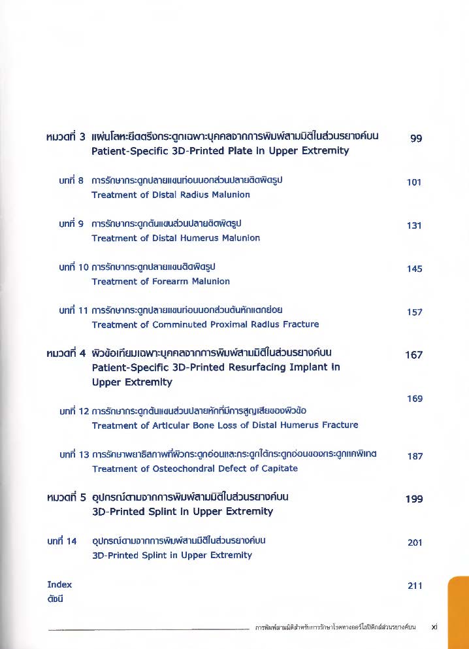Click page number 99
(x=415, y=139)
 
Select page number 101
(x=414, y=182)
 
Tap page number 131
(x=414, y=225)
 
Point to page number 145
(x=414, y=269)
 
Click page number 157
(x=414, y=312)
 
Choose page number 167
(x=414, y=355)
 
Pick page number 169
(x=414, y=399)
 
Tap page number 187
(x=414, y=456)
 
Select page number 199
(x=414, y=499)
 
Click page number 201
(x=414, y=542)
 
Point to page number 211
(x=414, y=586)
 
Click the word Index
(x=59, y=584)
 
